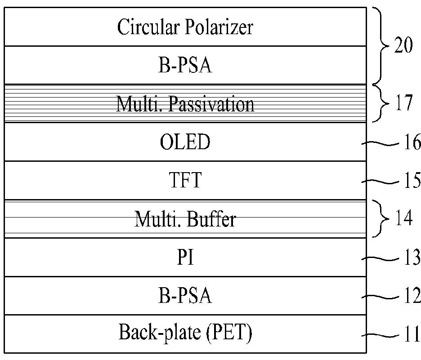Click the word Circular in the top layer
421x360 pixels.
click(x=148, y=27)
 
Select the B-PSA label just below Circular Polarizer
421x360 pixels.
click(x=185, y=65)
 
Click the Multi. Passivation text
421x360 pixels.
click(x=185, y=104)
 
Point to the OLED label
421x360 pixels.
click(x=185, y=142)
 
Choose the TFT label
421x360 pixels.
click(x=185, y=180)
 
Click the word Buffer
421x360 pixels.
click(x=211, y=219)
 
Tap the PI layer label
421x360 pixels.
click(x=185, y=257)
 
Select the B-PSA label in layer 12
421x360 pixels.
click(x=185, y=295)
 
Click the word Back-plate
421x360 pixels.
click(x=160, y=333)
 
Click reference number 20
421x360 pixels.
click(x=403, y=45)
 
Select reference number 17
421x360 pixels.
click(x=404, y=103)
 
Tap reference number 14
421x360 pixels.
click(x=404, y=218)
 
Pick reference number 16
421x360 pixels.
click(x=412, y=142)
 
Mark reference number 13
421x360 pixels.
click(x=412, y=257)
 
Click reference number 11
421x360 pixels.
click(x=412, y=334)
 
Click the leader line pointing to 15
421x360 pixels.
click(x=380, y=182)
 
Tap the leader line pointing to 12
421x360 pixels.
click(x=380, y=297)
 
